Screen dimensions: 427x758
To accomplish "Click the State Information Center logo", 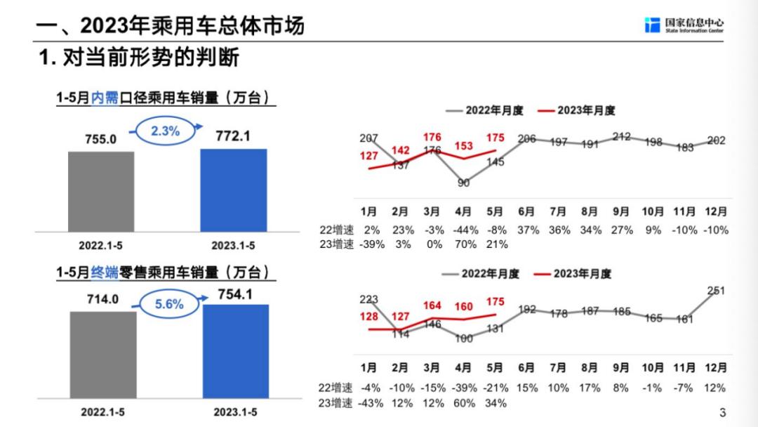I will (684, 25).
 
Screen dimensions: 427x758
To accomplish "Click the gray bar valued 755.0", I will (100, 191).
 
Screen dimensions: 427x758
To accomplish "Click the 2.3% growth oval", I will (166, 131).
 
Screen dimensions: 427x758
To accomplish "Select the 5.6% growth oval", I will (168, 304).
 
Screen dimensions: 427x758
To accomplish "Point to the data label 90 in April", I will (464, 183).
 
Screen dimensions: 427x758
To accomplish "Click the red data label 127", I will (369, 156).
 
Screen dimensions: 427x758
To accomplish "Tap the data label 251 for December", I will (715, 290).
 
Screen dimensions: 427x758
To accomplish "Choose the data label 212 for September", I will (621, 136).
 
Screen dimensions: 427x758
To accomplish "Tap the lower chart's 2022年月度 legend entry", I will (481, 274).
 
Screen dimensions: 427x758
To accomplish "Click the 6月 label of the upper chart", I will (527, 211).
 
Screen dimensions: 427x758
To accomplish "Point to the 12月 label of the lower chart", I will (715, 367).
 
